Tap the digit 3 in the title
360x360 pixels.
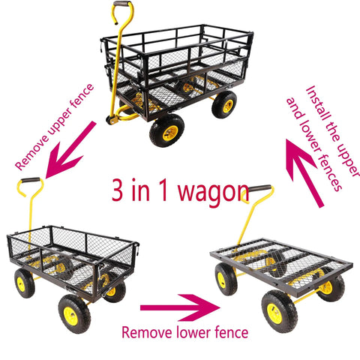pyautogui.click(x=117, y=189)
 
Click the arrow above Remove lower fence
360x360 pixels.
pyautogui.click(x=180, y=307)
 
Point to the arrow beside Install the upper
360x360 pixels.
pyautogui.click(x=304, y=173)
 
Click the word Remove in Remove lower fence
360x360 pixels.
pyautogui.click(x=147, y=333)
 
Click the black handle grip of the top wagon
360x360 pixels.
pyautogui.click(x=122, y=4)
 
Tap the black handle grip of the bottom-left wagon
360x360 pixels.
pyautogui.click(x=31, y=180)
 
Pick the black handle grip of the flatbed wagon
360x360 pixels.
pyautogui.click(x=259, y=188)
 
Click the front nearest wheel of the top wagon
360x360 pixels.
pyautogui.click(x=166, y=130)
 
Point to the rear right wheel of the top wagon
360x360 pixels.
pyautogui.click(x=224, y=104)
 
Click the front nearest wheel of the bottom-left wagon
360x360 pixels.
pyautogui.click(x=74, y=313)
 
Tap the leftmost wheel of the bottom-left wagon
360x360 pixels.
pyautogui.click(x=24, y=283)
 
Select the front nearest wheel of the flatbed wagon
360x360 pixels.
pyautogui.click(x=280, y=311)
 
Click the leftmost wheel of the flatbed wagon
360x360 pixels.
pyautogui.click(x=226, y=279)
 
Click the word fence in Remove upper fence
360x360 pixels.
pyautogui.click(x=82, y=96)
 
